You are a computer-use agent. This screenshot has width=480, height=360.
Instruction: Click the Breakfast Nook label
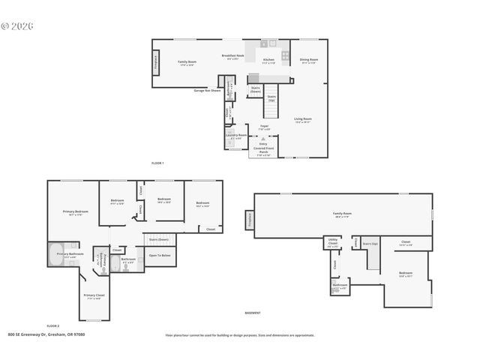coord(233,57)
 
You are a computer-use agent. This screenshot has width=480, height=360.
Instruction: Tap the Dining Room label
coord(309,61)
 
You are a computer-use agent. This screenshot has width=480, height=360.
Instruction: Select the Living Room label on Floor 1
coord(302,119)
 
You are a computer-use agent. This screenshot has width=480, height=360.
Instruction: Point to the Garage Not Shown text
coord(207,90)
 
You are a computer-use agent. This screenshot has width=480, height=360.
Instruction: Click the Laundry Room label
coord(236,136)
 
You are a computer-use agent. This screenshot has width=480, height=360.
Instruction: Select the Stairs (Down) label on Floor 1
coord(256,89)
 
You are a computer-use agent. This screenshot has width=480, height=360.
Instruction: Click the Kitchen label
coord(268,61)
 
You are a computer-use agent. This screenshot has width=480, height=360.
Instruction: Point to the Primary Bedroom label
coord(75,213)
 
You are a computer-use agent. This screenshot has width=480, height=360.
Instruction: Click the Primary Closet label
coord(93,296)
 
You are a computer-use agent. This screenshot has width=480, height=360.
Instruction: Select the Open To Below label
coord(159,256)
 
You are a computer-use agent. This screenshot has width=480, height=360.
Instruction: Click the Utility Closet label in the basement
coord(333,242)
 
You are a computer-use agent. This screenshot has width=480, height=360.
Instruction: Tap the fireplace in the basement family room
coord(250,218)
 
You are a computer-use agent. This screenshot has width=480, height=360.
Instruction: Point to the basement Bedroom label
coord(405,274)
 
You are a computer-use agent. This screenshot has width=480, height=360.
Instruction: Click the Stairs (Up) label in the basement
coord(370,244)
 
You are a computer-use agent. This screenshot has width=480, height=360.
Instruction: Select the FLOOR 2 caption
coord(52,325)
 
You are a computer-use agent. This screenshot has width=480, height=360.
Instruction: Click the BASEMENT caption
coord(253,313)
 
